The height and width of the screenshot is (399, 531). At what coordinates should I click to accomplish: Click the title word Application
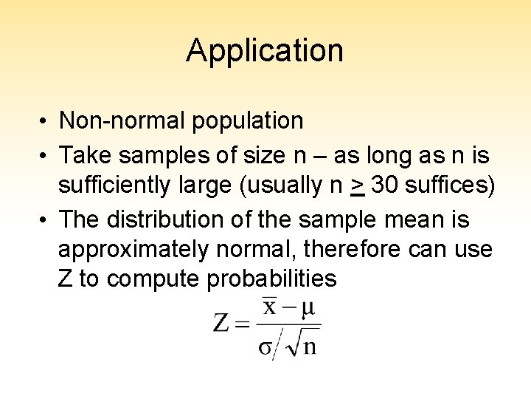click(265, 51)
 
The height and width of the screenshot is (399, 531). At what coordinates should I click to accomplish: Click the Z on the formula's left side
click(221, 323)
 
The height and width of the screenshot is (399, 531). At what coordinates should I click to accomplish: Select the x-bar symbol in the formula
click(270, 306)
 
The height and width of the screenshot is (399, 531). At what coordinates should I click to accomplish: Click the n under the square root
click(309, 345)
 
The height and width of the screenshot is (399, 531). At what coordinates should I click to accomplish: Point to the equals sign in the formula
click(243, 324)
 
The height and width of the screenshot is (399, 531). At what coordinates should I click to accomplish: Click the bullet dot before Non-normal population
click(45, 120)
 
